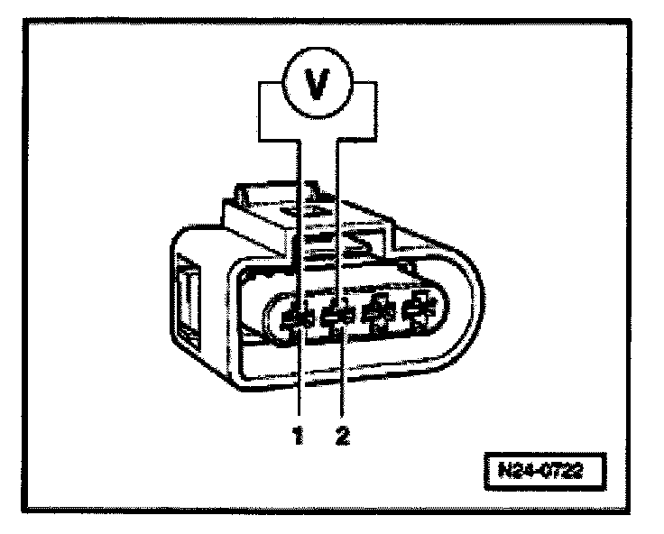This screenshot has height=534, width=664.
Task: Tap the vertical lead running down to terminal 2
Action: coord(337,226)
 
